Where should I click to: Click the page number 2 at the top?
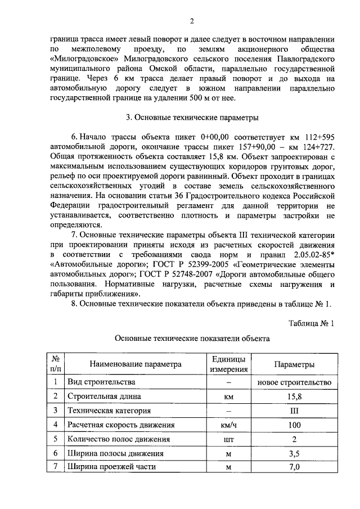pyautogui.click(x=191, y=21)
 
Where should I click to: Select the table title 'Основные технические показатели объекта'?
pyautogui.click(x=192, y=339)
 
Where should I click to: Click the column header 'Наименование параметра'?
pyautogui.click(x=135, y=364)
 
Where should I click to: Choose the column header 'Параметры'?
pyautogui.click(x=294, y=364)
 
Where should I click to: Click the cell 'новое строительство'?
pyautogui.click(x=294, y=382)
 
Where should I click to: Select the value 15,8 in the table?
pyautogui.click(x=294, y=396)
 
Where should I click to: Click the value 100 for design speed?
pyautogui.click(x=294, y=425)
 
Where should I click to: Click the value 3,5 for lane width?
pyautogui.click(x=294, y=453)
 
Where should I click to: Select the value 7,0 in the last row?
pyautogui.click(x=294, y=467)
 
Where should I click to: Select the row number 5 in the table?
pyautogui.click(x=55, y=439)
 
